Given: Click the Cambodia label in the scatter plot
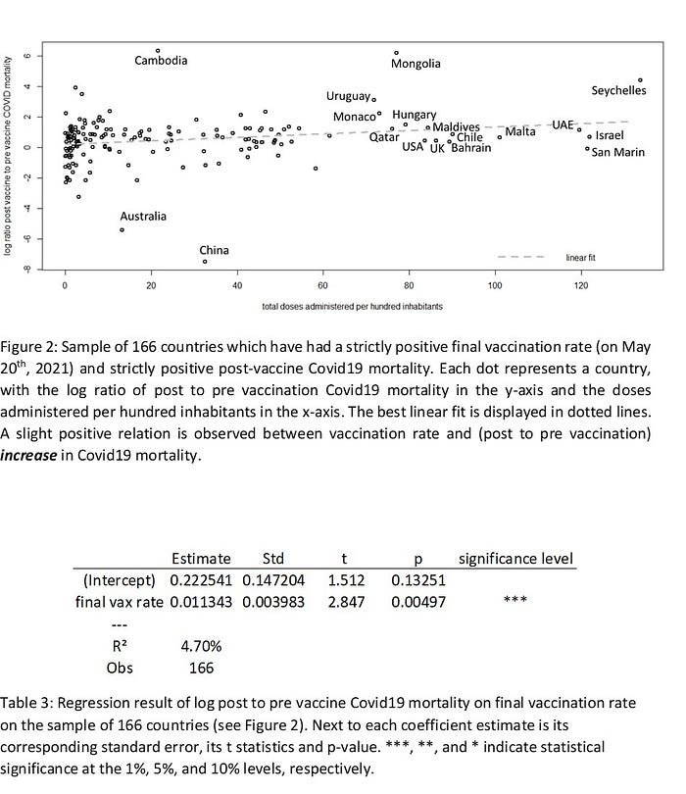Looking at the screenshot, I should [161, 61].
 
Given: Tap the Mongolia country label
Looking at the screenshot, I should [416, 65].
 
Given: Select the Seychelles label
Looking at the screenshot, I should [618, 90].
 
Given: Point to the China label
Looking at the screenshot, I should [214, 250].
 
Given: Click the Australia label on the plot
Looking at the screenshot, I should [143, 216].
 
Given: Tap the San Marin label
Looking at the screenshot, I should [616, 152].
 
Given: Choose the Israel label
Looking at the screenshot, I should [610, 134].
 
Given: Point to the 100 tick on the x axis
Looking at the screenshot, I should [496, 286].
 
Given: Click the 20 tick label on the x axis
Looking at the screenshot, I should [150, 286].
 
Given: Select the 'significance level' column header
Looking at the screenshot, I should [514, 558].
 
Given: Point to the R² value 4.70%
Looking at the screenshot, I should [200, 646].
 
